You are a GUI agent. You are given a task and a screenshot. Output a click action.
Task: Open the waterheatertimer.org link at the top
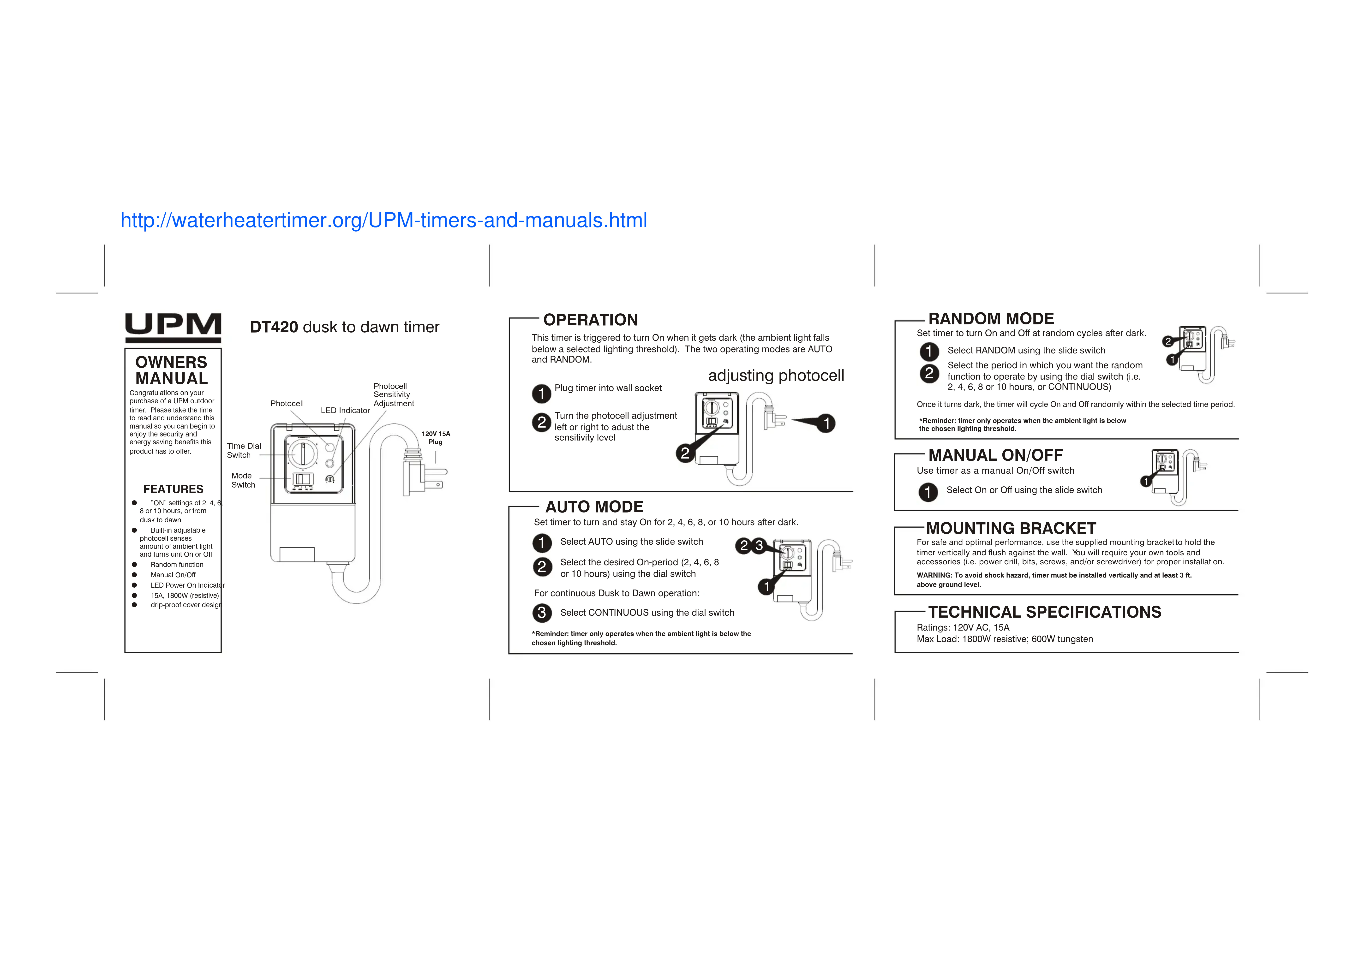384,221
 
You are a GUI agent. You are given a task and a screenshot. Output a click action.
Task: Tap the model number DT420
274,327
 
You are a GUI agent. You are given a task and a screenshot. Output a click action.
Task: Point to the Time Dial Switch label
243,450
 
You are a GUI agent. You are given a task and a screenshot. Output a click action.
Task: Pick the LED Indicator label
345,411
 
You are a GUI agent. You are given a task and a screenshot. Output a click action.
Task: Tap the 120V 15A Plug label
436,438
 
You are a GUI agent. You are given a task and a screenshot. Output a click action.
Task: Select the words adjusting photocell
776,375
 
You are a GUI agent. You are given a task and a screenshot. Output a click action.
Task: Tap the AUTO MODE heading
594,507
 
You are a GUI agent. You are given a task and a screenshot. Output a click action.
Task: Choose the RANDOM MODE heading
991,319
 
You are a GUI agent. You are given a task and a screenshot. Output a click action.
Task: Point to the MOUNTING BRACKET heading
1011,528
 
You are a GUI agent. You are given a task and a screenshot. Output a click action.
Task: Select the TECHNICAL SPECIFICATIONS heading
1044,612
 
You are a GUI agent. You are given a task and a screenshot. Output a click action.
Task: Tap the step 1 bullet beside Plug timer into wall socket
541,393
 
